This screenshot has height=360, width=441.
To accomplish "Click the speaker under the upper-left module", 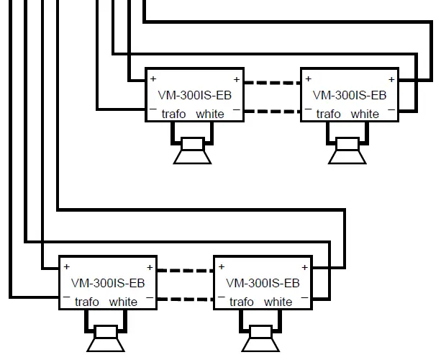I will (193, 150).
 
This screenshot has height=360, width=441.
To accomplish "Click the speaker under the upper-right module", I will (347, 150).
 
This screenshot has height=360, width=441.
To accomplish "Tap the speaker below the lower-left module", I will (106, 338).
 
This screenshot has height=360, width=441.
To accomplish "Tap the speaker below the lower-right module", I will (261, 338).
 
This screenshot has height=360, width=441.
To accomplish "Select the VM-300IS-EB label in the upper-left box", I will (194, 94).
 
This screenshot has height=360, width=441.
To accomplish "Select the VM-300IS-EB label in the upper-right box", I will (350, 94).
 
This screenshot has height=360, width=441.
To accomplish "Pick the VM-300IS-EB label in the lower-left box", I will (108, 282).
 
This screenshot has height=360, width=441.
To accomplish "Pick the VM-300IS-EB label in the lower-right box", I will (263, 282).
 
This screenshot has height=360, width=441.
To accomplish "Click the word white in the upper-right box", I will (365, 114).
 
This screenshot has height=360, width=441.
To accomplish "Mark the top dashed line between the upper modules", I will (271, 83).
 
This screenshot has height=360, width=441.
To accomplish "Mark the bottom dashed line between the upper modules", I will (271, 111).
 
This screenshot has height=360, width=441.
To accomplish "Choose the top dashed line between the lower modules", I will (185, 271).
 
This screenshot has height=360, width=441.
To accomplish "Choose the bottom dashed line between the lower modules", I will (185, 299).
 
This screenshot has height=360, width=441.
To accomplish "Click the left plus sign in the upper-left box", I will (153, 78).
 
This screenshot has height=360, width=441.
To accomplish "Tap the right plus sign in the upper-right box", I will (391, 79).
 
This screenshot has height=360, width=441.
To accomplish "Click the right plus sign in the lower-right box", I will (304, 267).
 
